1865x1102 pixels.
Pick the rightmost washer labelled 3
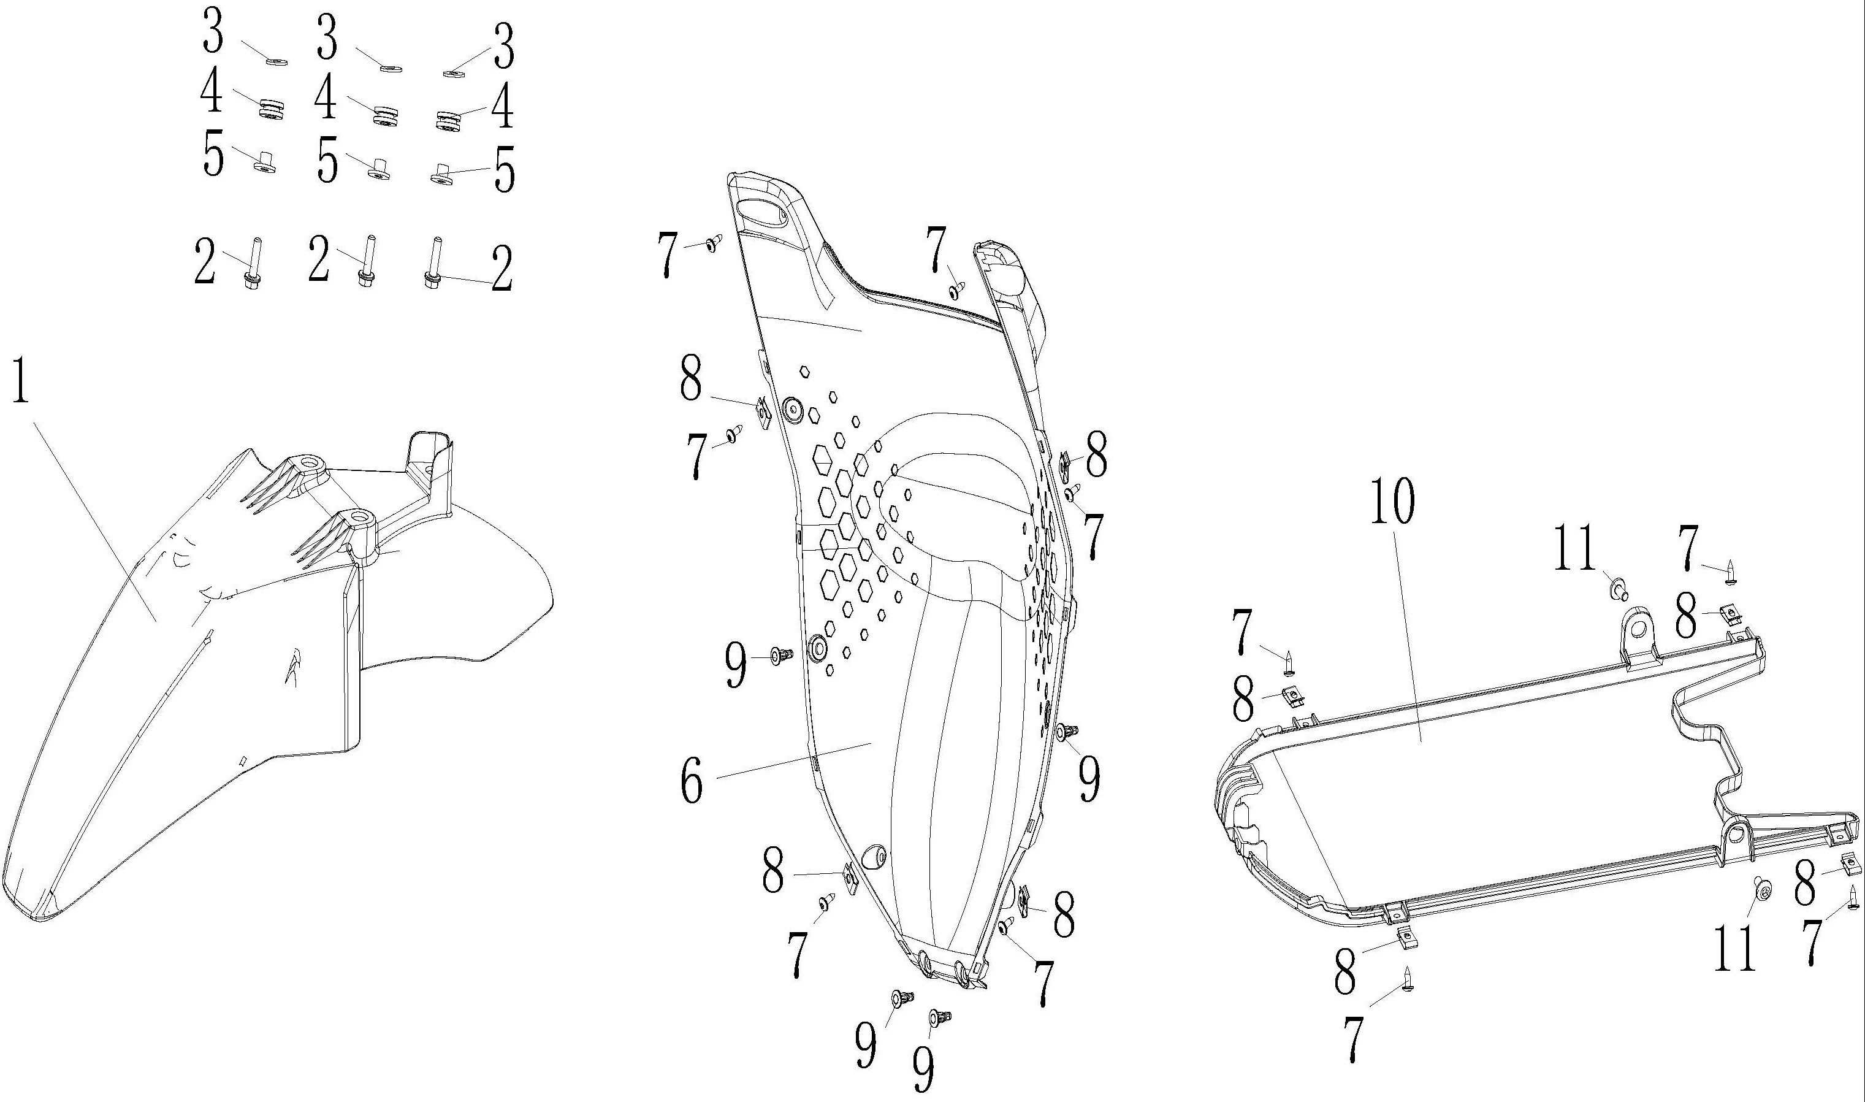pyautogui.click(x=453, y=73)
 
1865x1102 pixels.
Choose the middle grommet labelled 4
pyautogui.click(x=384, y=116)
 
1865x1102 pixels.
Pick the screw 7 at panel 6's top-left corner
pyautogui.click(x=714, y=242)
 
